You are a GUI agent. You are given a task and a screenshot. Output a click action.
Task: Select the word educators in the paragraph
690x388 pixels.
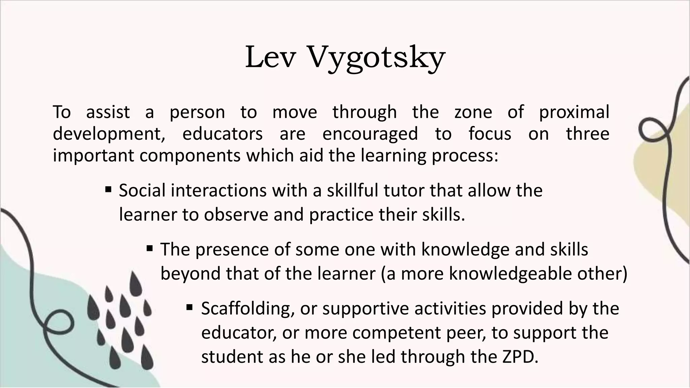[222, 134]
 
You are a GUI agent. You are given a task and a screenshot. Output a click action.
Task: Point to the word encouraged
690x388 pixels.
[370, 134]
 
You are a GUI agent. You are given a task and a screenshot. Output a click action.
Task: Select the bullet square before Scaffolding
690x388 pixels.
[189, 307]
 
